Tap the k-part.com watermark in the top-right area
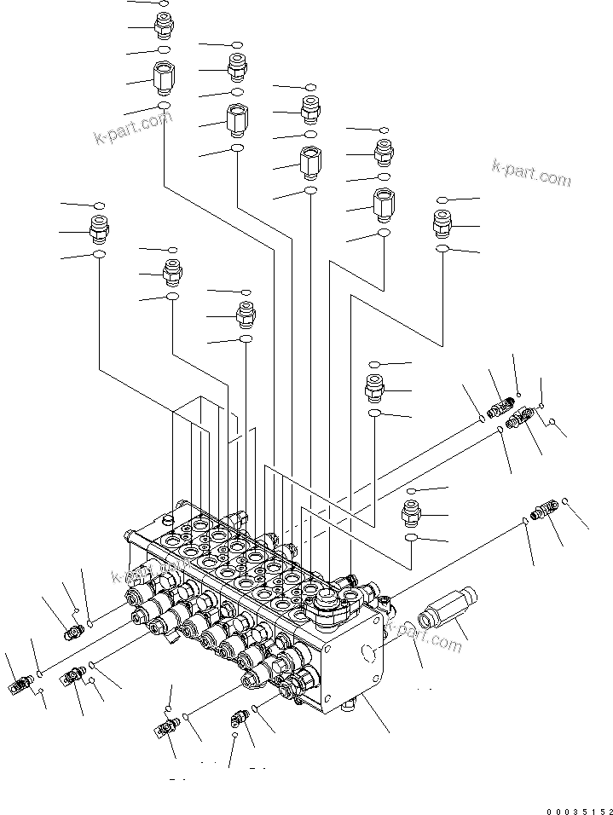[531, 172]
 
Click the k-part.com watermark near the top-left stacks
[133, 127]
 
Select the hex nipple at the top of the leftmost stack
[163, 26]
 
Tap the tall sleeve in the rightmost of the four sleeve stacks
[384, 203]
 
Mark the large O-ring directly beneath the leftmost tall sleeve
[163, 106]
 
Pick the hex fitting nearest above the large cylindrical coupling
[413, 513]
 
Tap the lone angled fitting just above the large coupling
[541, 512]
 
